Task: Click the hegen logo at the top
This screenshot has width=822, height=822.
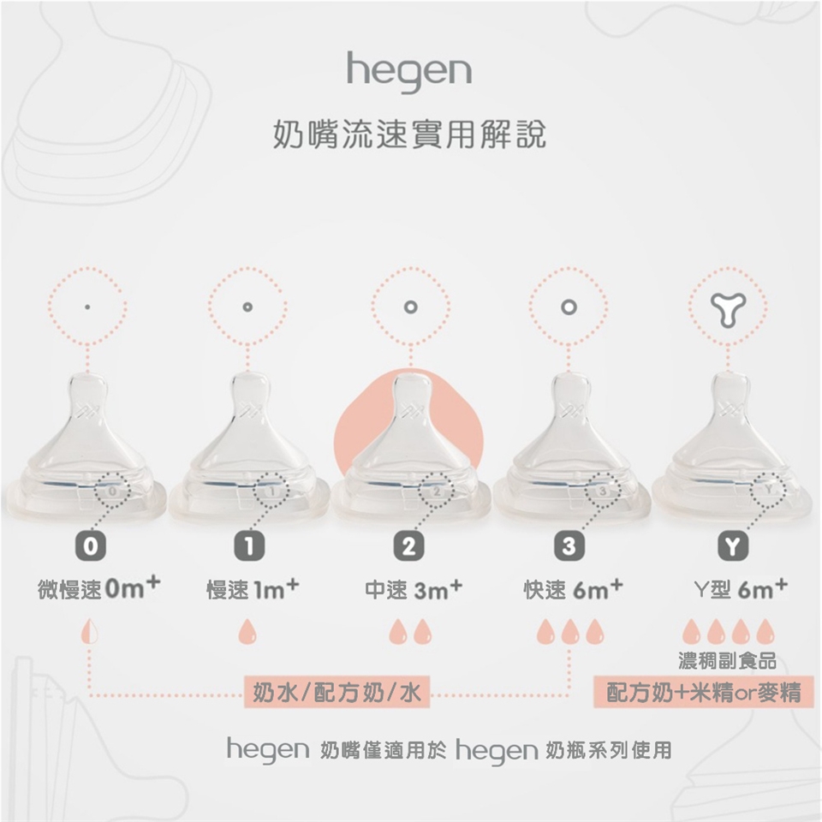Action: click(x=409, y=71)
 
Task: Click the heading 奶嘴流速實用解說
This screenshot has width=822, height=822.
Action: click(x=409, y=134)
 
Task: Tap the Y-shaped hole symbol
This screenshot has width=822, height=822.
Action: click(x=728, y=309)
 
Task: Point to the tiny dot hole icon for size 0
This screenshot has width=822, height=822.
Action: click(x=87, y=307)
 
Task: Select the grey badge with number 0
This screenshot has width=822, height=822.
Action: click(x=90, y=547)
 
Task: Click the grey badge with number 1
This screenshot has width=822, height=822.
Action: click(x=249, y=547)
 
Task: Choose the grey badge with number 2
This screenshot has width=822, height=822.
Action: click(x=408, y=547)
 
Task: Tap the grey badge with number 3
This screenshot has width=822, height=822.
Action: click(x=569, y=547)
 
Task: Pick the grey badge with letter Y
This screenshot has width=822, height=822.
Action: click(x=733, y=547)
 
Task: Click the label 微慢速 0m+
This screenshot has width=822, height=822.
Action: click(x=99, y=588)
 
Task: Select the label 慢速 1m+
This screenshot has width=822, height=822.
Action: click(x=253, y=589)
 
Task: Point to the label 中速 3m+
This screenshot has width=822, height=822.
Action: click(x=414, y=589)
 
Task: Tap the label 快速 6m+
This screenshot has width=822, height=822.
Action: click(x=574, y=589)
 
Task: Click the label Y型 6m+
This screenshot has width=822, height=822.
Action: click(x=741, y=589)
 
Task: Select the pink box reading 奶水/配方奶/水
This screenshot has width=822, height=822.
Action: click(x=337, y=693)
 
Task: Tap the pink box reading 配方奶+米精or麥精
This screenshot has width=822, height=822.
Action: click(x=704, y=693)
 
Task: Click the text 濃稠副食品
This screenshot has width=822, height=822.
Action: click(x=727, y=661)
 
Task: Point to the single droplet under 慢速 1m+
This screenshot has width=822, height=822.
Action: click(x=247, y=632)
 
